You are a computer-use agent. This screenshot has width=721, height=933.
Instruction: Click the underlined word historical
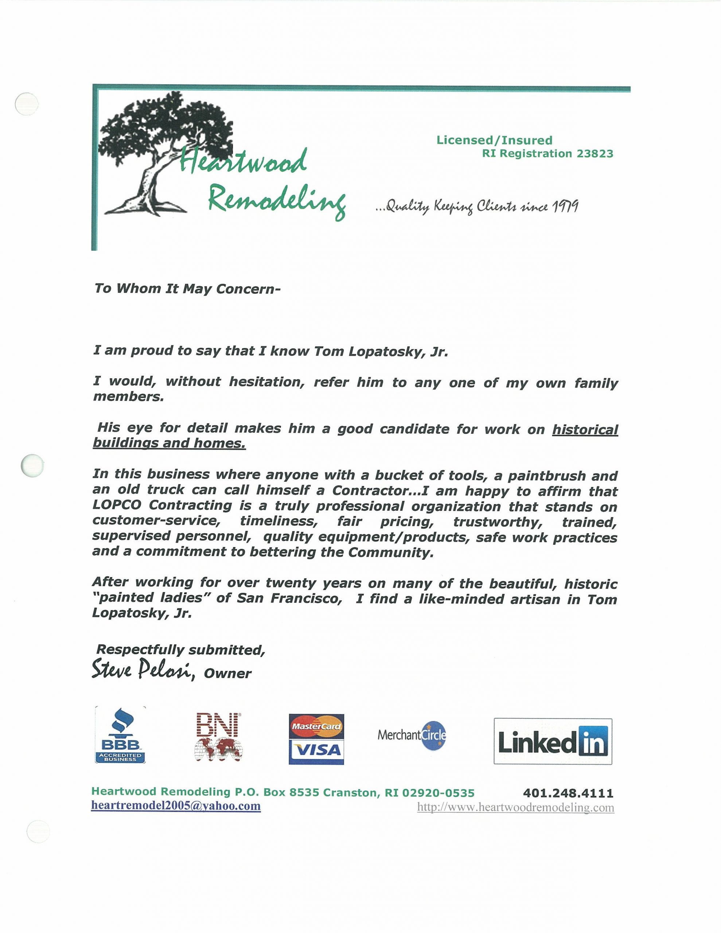585,429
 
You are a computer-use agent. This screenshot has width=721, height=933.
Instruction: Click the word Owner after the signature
228,674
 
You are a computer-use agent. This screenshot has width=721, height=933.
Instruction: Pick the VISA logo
316,750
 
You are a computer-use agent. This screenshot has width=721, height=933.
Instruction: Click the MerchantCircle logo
412,735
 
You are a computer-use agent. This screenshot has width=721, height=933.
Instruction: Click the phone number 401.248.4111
568,793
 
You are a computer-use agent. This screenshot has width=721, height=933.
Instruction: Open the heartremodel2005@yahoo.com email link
176,806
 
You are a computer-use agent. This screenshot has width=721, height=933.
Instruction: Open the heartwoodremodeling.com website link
515,807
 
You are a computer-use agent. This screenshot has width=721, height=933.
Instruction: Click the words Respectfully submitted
181,650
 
